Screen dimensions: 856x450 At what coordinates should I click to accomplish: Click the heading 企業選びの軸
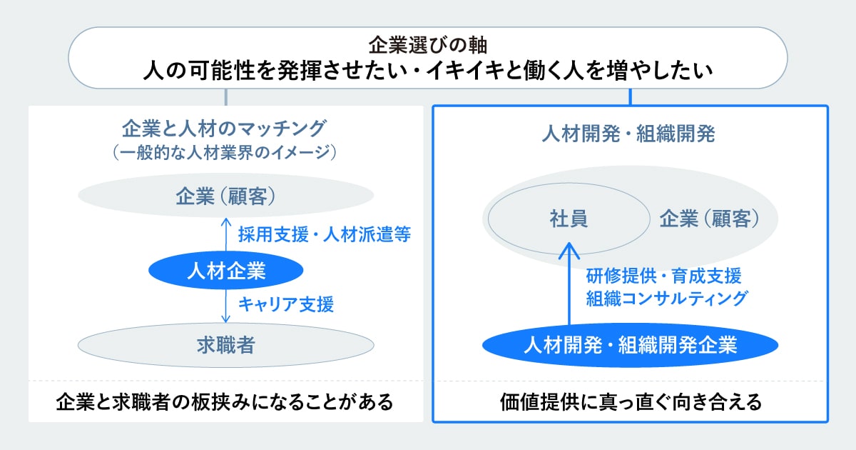tap(427, 45)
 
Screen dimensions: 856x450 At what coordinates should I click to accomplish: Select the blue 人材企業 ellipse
tap(226, 270)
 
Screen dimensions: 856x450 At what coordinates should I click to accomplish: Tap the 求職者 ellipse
tap(226, 345)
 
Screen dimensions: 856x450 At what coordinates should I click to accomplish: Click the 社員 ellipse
tap(569, 219)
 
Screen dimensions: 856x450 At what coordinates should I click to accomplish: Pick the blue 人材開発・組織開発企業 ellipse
tap(630, 345)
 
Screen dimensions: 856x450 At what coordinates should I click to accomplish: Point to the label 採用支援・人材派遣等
tap(325, 234)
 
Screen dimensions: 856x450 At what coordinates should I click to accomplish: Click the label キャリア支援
tap(286, 304)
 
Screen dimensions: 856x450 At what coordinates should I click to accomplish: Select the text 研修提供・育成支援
tap(664, 276)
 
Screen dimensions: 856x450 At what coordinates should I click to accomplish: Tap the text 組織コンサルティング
tap(667, 299)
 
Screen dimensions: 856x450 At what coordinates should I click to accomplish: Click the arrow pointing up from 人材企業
tap(226, 234)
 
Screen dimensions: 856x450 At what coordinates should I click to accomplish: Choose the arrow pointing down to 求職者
tap(226, 306)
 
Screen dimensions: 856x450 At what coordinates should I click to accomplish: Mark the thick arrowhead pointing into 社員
tap(569, 251)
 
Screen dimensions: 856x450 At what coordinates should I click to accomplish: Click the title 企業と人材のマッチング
tap(224, 129)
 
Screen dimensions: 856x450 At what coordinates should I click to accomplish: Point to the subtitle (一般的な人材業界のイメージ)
tap(225, 152)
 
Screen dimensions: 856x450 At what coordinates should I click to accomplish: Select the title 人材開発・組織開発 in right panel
tap(628, 134)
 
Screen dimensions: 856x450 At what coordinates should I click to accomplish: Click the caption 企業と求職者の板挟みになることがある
tap(225, 401)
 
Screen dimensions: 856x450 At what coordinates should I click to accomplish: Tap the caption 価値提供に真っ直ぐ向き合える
tap(631, 401)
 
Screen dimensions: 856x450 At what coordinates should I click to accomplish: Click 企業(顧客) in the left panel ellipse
tap(225, 196)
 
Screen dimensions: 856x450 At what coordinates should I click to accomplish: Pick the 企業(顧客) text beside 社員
tap(710, 219)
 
